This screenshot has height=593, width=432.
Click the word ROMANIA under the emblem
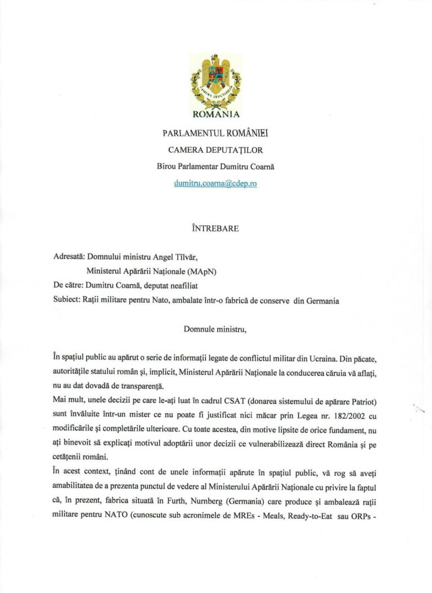tap(216, 115)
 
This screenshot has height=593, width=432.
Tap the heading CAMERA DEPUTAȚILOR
tap(215, 150)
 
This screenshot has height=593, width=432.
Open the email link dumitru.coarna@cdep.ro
tap(215, 183)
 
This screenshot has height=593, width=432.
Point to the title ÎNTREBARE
tap(215, 229)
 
